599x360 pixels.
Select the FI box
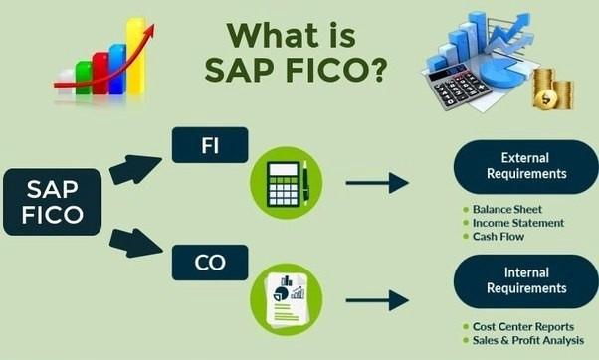point(211,144)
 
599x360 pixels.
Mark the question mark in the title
point(377,71)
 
